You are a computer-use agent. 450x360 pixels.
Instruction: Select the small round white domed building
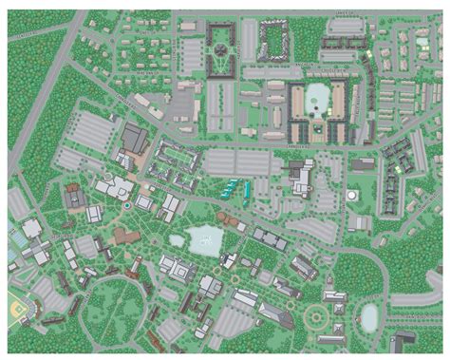coord(352,196)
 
